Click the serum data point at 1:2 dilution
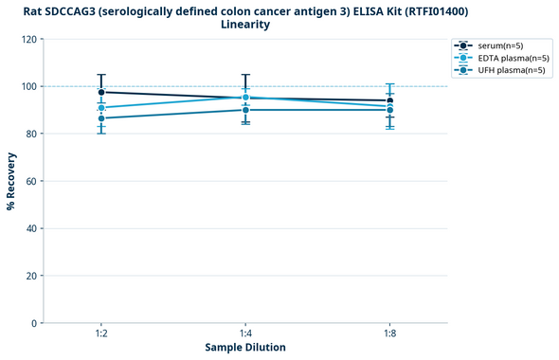click(101, 92)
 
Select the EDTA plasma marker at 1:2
click(101, 108)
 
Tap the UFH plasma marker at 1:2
click(101, 118)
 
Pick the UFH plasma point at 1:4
click(245, 110)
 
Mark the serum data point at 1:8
click(389, 100)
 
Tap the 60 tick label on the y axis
click(31, 181)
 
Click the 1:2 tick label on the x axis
click(101, 334)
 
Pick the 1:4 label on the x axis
click(245, 334)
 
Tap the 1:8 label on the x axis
click(389, 334)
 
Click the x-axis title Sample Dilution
click(245, 348)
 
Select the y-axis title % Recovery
click(11, 181)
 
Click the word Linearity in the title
click(245, 25)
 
